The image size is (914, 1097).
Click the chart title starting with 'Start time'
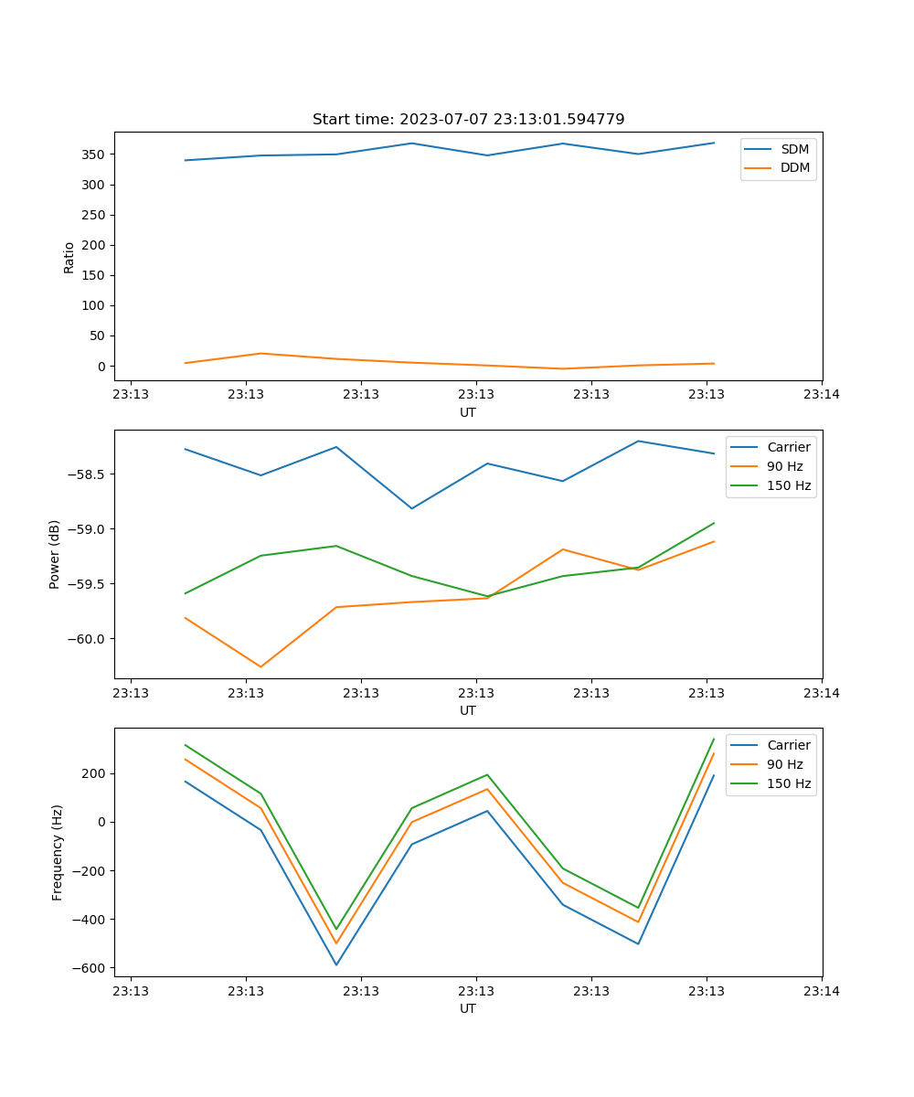click(x=468, y=120)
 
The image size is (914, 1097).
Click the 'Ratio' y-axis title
click(x=69, y=257)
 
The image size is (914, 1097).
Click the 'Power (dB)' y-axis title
click(x=55, y=554)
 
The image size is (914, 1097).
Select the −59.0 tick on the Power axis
click(x=85, y=529)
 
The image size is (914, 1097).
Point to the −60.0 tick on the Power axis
click(x=85, y=639)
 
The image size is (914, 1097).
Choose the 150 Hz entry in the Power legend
click(x=789, y=485)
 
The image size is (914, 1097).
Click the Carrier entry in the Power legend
click(x=788, y=447)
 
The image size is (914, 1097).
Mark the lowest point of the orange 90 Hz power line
click(x=260, y=666)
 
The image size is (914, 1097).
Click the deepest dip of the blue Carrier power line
click(x=411, y=508)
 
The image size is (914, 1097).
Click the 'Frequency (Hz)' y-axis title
click(x=57, y=852)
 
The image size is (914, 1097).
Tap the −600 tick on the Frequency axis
click(x=89, y=968)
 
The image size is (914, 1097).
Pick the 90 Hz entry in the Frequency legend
click(x=784, y=764)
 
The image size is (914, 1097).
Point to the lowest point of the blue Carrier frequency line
click(x=336, y=964)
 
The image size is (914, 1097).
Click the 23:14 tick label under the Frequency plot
click(x=821, y=991)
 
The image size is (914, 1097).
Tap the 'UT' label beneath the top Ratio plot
click(x=468, y=412)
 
